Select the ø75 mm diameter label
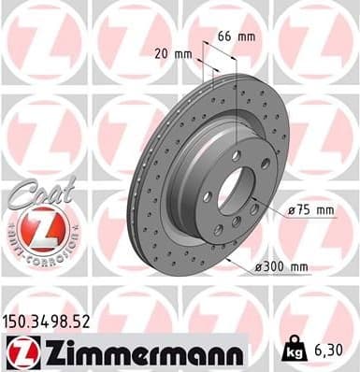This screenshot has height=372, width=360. pyautogui.click(x=310, y=210)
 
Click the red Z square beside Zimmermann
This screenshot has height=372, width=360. pyautogui.click(x=20, y=352)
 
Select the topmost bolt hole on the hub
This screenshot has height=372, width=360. pyautogui.click(x=236, y=156)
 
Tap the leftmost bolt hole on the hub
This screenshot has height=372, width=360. pyautogui.click(x=209, y=196)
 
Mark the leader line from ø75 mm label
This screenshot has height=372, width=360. pyautogui.click(x=271, y=211)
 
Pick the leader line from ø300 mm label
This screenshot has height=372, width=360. pyautogui.click(x=241, y=260)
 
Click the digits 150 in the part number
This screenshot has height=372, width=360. pyautogui.click(x=19, y=323)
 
